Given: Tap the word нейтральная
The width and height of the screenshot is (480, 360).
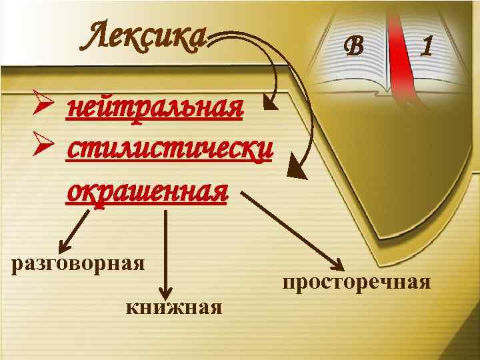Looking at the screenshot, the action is point(154,106).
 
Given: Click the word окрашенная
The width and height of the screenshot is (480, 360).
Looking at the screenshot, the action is point(147,191).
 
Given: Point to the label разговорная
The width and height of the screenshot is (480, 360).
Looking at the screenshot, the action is point(79,262).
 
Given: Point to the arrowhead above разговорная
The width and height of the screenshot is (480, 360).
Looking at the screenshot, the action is point(67,243).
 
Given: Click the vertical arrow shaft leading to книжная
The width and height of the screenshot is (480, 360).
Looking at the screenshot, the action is point(165,247).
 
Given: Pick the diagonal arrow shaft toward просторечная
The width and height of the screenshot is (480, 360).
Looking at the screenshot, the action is point(287,227).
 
